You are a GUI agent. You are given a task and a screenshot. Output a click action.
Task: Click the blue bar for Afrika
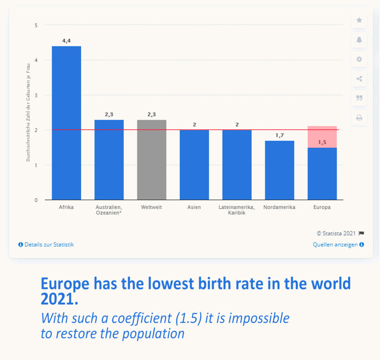[66, 123]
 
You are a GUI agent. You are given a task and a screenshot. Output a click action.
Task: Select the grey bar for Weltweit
[152, 160]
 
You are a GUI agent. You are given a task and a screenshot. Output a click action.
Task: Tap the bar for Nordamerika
[279, 170]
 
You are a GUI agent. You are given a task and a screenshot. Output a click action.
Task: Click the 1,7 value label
[279, 136]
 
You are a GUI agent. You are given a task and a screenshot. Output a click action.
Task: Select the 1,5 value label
[322, 142]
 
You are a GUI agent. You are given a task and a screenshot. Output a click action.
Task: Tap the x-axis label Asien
[194, 207]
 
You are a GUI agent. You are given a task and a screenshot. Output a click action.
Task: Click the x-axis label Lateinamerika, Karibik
[237, 210]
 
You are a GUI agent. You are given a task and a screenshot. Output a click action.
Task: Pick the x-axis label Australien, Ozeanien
[109, 210]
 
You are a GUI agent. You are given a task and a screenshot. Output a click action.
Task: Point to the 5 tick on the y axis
[36, 25]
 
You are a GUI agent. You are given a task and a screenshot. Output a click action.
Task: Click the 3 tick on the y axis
[36, 95]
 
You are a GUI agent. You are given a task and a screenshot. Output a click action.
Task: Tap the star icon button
[359, 20]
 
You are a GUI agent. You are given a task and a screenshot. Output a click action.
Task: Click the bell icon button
[359, 40]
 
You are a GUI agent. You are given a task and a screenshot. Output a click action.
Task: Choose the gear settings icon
[359, 59]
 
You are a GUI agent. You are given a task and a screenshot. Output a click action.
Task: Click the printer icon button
[359, 118]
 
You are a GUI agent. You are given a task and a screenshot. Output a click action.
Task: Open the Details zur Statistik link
[46, 244]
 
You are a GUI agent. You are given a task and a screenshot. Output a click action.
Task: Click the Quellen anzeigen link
[338, 244]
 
